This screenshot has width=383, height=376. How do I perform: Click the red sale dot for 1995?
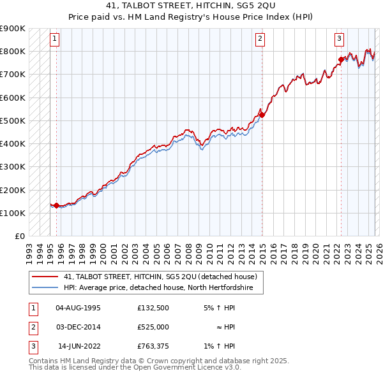coord(56,205)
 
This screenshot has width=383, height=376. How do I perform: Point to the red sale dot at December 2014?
coord(261,115)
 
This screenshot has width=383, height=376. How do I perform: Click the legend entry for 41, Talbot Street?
coord(160,277)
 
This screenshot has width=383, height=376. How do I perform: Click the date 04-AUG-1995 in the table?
coord(78,308)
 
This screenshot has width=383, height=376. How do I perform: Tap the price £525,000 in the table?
coord(153,327)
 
